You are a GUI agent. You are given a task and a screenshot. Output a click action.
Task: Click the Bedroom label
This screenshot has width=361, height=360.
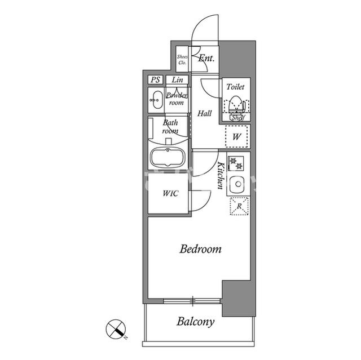(x=200, y=249)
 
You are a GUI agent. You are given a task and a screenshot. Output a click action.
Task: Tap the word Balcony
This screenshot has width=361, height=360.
(x=196, y=322)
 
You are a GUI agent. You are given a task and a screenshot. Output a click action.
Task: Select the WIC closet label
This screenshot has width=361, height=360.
(x=170, y=193)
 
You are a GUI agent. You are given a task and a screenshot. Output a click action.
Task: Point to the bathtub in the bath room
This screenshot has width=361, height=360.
(x=168, y=158)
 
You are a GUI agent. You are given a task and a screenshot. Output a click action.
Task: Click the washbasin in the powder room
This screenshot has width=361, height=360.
(x=157, y=100)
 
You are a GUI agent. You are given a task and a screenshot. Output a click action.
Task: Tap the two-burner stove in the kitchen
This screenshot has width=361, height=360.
(x=236, y=163)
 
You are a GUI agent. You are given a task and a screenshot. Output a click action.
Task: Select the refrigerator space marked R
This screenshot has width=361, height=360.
(x=239, y=206)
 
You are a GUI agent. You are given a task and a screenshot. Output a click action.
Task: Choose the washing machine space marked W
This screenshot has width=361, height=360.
(x=236, y=136)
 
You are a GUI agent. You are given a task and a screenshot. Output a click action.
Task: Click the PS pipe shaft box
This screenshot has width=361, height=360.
(x=156, y=80)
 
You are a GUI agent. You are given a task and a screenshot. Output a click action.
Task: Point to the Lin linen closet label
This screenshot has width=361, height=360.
(x=178, y=80)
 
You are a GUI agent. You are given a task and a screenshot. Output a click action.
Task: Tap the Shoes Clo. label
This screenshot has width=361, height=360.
(x=182, y=60)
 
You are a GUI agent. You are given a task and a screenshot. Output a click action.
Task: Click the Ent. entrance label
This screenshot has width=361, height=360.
(x=206, y=58)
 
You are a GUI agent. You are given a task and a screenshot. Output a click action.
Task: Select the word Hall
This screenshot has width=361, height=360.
(x=205, y=113)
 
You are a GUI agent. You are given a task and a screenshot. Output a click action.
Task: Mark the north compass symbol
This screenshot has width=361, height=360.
(x=116, y=329)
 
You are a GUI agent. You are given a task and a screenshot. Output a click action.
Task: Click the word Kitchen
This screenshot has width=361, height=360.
(x=221, y=176)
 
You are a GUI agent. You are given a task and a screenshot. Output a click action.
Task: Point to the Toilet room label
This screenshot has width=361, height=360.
(x=235, y=87)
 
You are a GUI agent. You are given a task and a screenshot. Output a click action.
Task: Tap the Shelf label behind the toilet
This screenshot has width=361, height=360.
(x=237, y=118)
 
